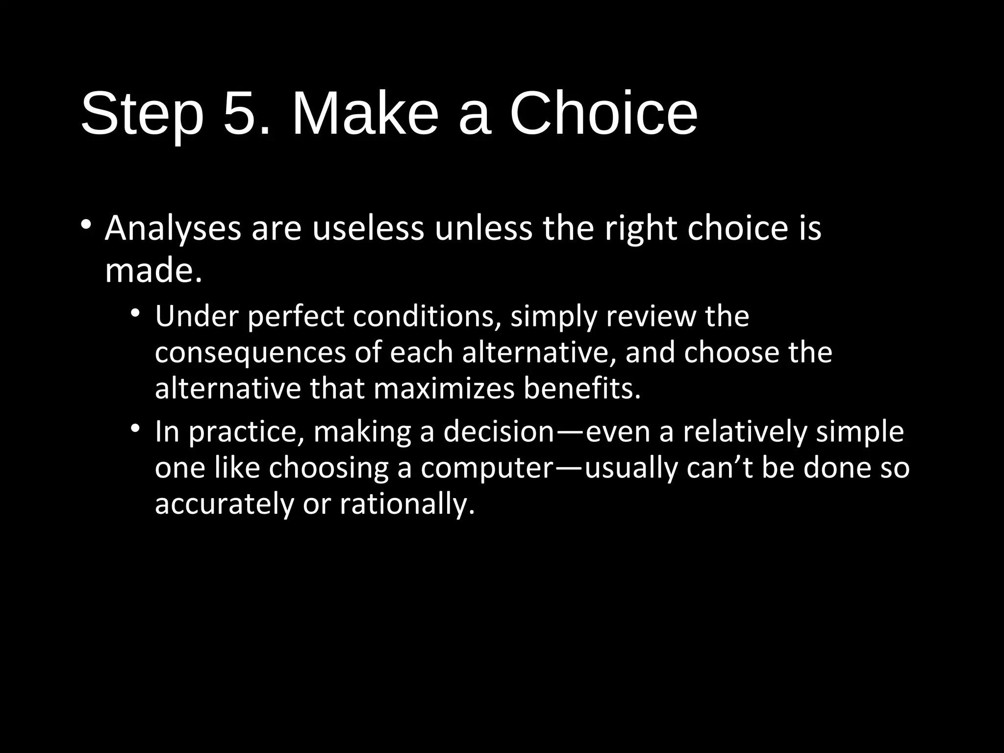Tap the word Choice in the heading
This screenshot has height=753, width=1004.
(x=603, y=114)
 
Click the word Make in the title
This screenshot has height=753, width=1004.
(x=365, y=114)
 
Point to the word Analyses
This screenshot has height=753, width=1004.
(x=173, y=229)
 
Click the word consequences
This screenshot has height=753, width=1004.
(x=250, y=353)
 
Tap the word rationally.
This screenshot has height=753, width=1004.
(x=407, y=504)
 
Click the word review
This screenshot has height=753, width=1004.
(x=651, y=316)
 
